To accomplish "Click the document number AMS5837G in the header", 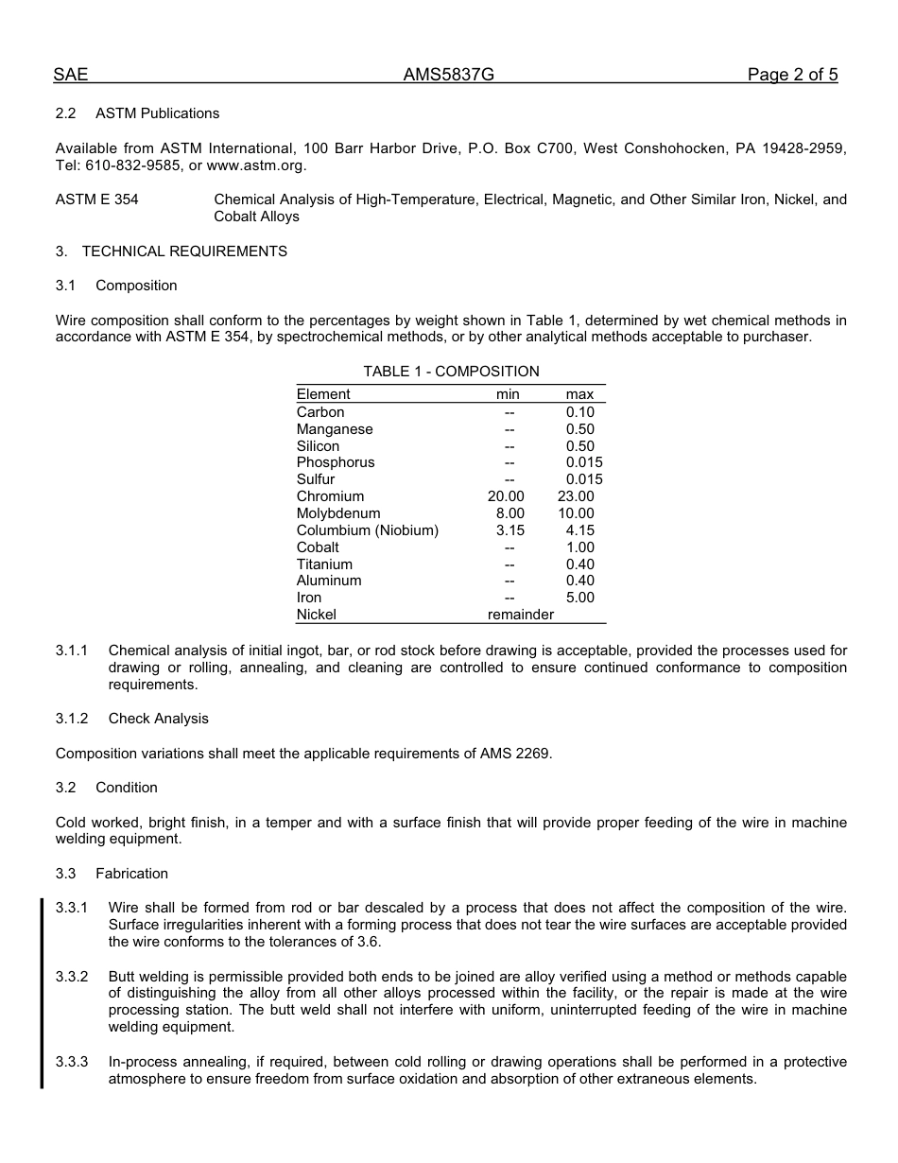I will click(448, 76).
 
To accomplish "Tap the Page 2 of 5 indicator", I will click(792, 76).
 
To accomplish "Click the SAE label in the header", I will click(71, 76).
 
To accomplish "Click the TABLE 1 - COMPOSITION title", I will click(451, 372).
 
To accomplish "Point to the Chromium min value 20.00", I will click(506, 496).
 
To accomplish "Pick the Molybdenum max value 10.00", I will click(577, 513).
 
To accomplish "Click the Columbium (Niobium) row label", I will click(368, 530).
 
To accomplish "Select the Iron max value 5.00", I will click(580, 598).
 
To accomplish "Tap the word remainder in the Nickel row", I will click(521, 615).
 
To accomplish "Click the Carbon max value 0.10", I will click(580, 412).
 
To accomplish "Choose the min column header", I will click(508, 394).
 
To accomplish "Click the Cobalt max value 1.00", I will click(580, 547).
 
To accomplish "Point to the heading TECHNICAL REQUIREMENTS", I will click(184, 252).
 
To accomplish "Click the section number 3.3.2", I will click(72, 977).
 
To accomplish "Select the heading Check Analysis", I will click(159, 719).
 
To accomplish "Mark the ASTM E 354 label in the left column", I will click(96, 200).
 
